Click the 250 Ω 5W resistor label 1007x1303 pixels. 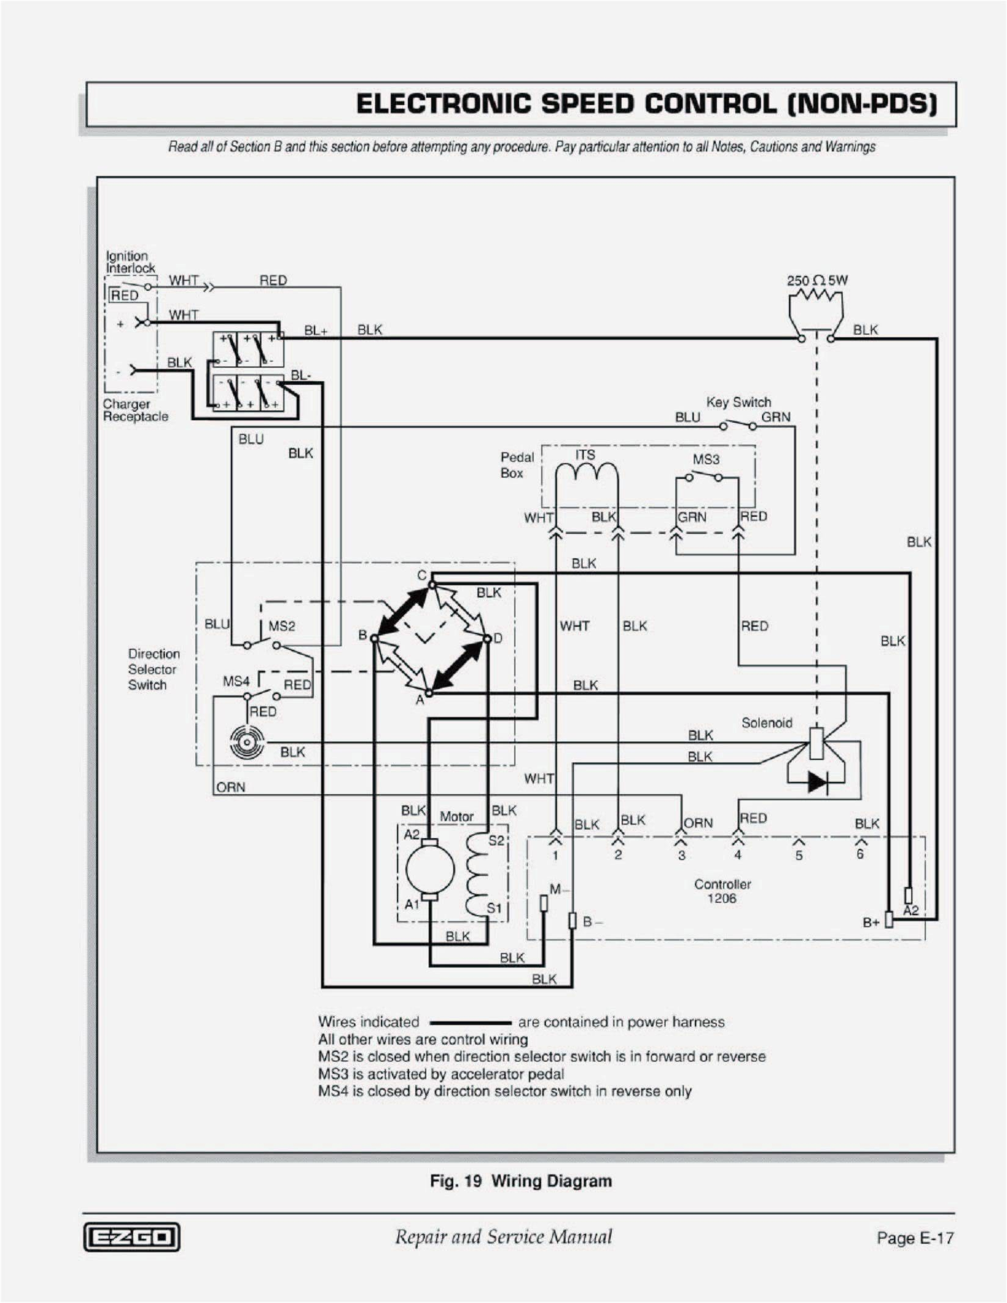point(816,280)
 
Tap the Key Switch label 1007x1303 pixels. point(738,402)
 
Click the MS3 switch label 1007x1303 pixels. point(706,459)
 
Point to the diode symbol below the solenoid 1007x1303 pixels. point(817,781)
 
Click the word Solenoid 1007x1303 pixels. point(766,723)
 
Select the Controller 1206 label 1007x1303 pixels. point(722,891)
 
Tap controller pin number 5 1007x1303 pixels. point(799,856)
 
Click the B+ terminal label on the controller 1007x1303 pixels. point(871,922)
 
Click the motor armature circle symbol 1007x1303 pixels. point(430,869)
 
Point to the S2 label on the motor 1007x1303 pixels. point(496,841)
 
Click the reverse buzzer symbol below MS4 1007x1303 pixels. point(247,743)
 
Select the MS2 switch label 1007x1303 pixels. point(282,626)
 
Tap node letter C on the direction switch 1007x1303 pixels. point(421,575)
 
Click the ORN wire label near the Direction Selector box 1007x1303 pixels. point(231,787)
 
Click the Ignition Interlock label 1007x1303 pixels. point(130,262)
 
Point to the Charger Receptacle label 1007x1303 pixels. point(135,410)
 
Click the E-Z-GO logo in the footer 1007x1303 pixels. point(132,1237)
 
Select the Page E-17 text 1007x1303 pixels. point(914,1238)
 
